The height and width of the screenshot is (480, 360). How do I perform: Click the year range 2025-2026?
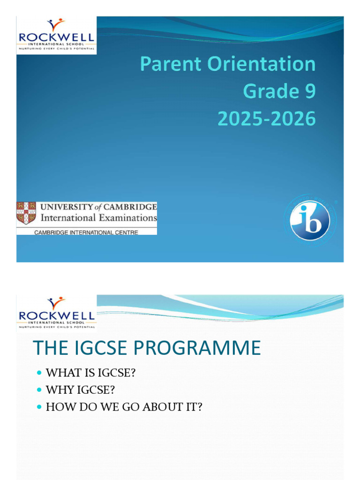[266, 119]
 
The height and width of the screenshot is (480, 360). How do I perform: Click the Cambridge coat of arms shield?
[26, 212]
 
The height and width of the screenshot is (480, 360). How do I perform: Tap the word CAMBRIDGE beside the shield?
[131, 207]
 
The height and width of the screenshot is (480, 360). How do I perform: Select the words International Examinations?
[98, 217]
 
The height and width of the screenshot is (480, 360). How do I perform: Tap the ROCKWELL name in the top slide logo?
[57, 37]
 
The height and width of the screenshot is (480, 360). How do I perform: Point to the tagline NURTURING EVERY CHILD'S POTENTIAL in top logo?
[57, 48]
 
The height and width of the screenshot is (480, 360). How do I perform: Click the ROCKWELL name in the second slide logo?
[57, 315]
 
